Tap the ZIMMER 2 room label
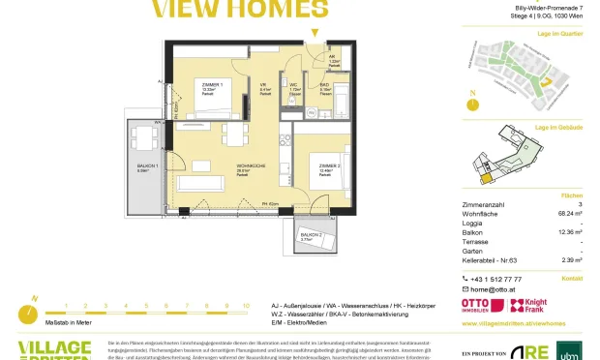pyautogui.click(x=330, y=165)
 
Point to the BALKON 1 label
pyautogui.click(x=145, y=167)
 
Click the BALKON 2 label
pyautogui.click(x=311, y=235)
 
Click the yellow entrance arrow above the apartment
pyautogui.click(x=312, y=34)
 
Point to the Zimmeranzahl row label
pyautogui.click(x=486, y=203)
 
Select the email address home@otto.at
pyautogui.click(x=494, y=288)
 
